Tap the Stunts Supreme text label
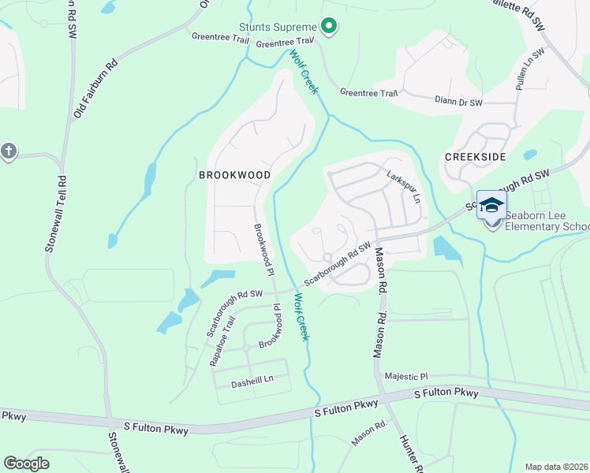278,27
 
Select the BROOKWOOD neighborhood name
234,175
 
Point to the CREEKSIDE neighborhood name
474,157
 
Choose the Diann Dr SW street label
464,101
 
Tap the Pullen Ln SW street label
530,71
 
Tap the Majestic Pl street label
405,377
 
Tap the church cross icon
9,151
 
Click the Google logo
26,463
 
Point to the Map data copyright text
557,467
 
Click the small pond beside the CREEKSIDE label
530,155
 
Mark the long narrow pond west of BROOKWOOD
148,181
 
